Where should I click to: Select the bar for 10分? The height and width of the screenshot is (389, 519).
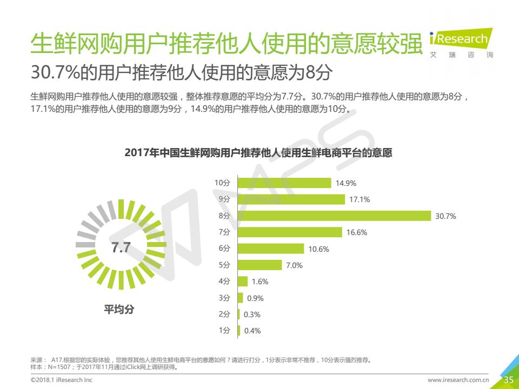pyautogui.click(x=284, y=183)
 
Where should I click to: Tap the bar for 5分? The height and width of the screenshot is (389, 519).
pyautogui.click(x=260, y=265)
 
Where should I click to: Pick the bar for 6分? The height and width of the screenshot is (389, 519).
pyautogui.click(x=271, y=249)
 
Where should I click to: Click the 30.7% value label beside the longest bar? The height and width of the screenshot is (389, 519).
pyautogui.click(x=446, y=216)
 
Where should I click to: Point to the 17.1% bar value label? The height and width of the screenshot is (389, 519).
pyautogui.click(x=360, y=200)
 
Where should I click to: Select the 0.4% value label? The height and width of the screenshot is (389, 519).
pyautogui.click(x=252, y=331)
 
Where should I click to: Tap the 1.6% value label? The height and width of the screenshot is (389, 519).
pyautogui.click(x=260, y=281)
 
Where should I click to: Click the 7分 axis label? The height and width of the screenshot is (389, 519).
pyautogui.click(x=224, y=232)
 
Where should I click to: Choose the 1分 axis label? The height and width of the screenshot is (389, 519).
pyautogui.click(x=224, y=331)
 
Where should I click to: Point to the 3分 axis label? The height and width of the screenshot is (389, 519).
pyautogui.click(x=224, y=298)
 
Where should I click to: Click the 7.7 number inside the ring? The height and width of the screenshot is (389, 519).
pyautogui.click(x=121, y=248)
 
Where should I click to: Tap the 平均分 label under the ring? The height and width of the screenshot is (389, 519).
pyautogui.click(x=119, y=310)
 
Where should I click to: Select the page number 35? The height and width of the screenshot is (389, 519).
pyautogui.click(x=509, y=380)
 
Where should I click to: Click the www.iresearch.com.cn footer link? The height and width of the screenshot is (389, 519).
pyautogui.click(x=458, y=380)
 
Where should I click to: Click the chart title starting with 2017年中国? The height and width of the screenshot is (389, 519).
pyautogui.click(x=258, y=153)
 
